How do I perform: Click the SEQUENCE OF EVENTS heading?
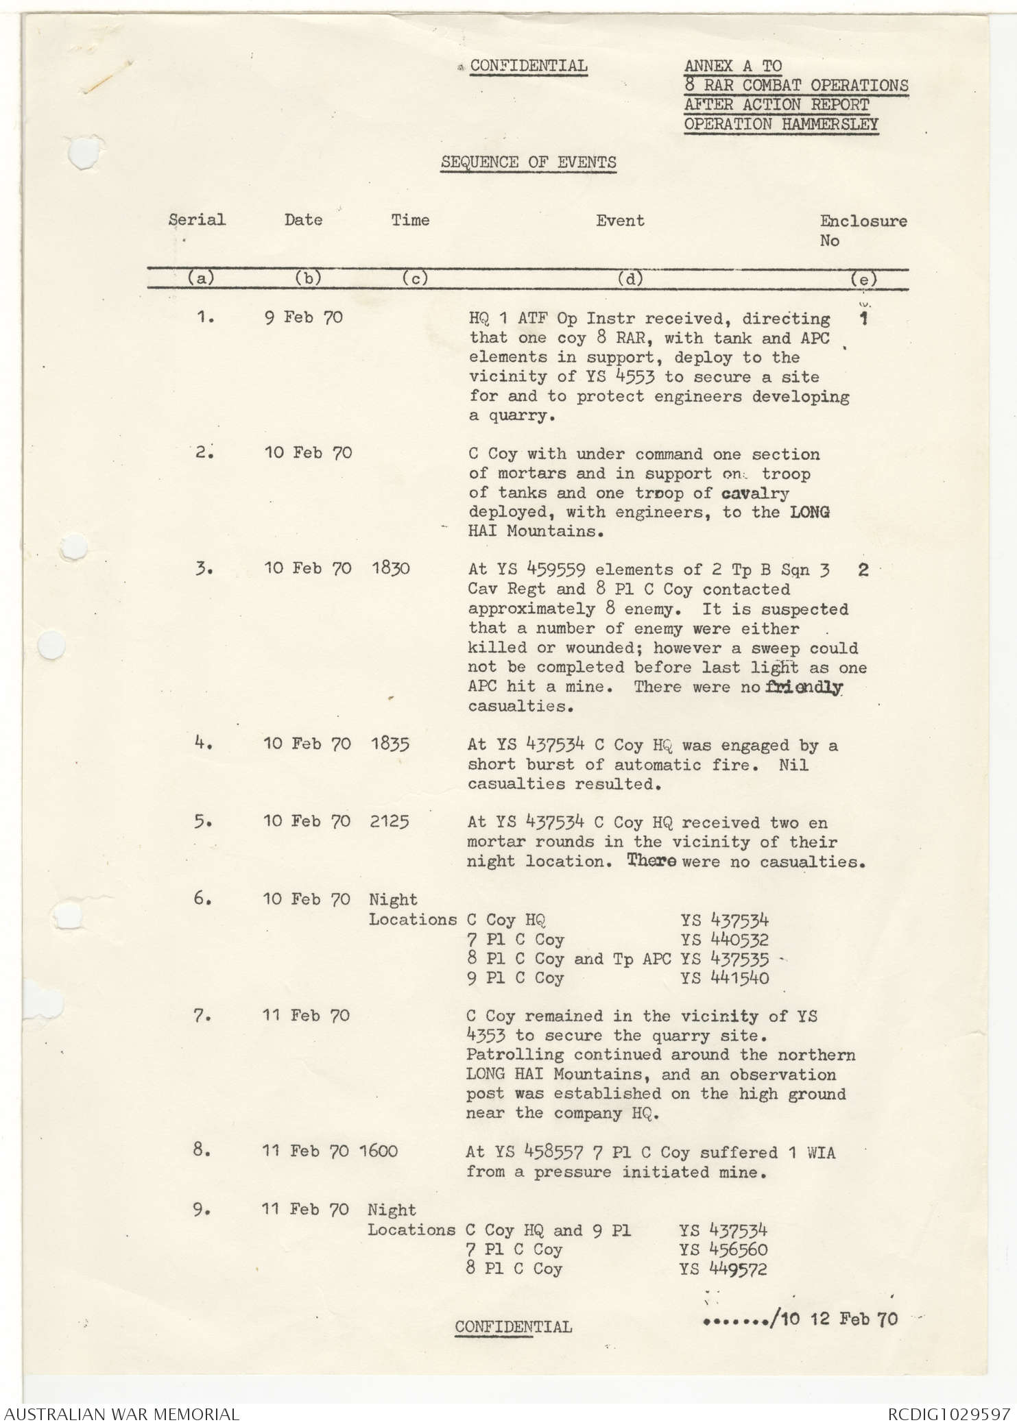pos(528,162)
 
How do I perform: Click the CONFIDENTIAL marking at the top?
pos(528,66)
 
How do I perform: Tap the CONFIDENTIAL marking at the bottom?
pos(513,1327)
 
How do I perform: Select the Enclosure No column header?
pos(863,230)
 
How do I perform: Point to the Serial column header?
pos(197,220)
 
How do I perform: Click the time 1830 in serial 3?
pos(390,569)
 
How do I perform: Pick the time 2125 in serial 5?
pos(390,822)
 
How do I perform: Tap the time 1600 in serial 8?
pos(378,1151)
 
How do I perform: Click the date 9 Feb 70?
pos(304,318)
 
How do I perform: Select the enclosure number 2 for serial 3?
pos(863,570)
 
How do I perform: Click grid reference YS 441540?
pos(725,978)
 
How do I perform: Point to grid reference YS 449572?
pos(723,1269)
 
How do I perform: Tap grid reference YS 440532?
pos(725,940)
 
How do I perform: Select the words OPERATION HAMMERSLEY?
pos(781,124)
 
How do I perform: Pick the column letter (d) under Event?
pos(630,279)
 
